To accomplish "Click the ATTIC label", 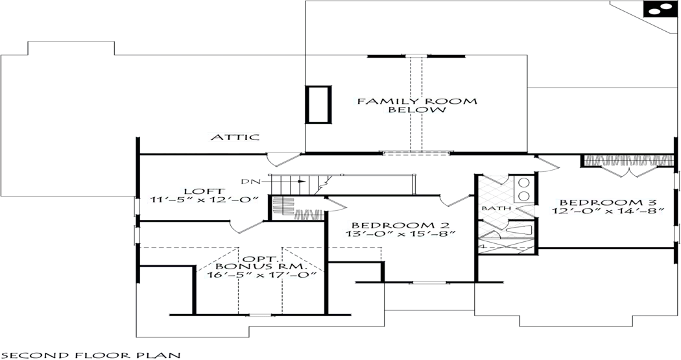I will tap(235, 138).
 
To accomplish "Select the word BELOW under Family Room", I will tap(417, 110).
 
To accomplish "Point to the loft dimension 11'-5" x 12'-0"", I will tap(203, 201).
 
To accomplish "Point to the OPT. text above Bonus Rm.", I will tap(261, 258).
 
